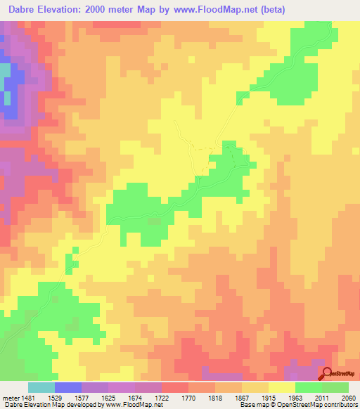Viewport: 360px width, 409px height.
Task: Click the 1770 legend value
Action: coord(201,397)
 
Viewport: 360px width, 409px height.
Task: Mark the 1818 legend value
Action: coord(228,397)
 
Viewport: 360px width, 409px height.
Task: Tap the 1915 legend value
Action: coord(281,397)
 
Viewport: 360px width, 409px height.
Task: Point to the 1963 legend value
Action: coord(308,397)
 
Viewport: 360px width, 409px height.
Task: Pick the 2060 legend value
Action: coord(351,397)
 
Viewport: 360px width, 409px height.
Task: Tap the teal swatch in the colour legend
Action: coord(41,387)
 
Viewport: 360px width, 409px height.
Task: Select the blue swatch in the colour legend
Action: coord(67,387)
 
